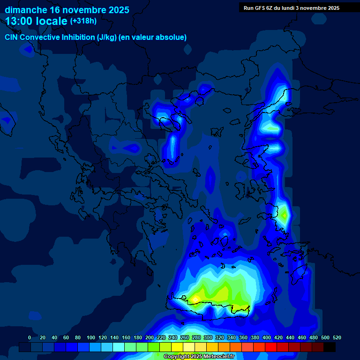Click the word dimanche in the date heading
(26, 10)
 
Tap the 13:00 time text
(21, 21)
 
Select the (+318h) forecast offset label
(83, 21)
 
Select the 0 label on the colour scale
(30, 337)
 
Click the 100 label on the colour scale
(90, 337)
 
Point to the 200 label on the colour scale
(149, 337)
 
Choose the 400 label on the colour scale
(266, 337)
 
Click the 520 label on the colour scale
(336, 337)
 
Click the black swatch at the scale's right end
(330, 347)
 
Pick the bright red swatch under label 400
(271, 347)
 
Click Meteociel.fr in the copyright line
(216, 356)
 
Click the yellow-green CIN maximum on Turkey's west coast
(284, 215)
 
